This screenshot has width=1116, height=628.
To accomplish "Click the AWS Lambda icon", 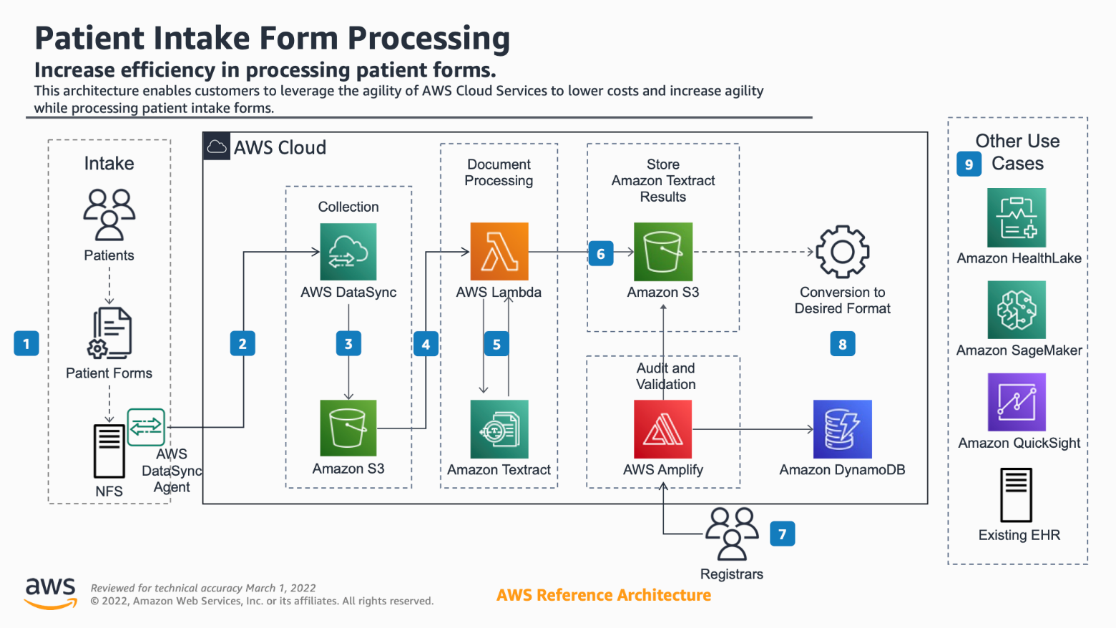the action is click(x=499, y=252).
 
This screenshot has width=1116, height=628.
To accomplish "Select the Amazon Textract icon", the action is click(x=499, y=428).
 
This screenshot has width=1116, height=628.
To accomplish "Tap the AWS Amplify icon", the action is click(x=662, y=428).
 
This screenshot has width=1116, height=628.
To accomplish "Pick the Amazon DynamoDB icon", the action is click(x=843, y=428).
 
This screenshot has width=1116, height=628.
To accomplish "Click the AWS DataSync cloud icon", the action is click(x=348, y=252).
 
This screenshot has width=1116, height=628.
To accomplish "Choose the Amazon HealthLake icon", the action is click(x=1017, y=217).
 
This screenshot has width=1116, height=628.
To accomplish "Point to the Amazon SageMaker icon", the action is click(x=1017, y=310).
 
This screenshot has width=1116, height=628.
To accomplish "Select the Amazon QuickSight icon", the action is click(x=1017, y=402).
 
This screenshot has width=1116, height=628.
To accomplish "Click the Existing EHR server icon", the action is click(x=1017, y=495).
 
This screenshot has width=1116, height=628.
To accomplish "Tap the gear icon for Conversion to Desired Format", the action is click(x=843, y=252).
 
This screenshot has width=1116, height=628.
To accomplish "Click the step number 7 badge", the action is click(x=782, y=534).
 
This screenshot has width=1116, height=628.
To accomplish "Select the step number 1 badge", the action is click(x=26, y=343).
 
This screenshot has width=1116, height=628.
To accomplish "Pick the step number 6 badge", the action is click(x=601, y=253).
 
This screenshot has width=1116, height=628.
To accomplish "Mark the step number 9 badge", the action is click(x=969, y=164).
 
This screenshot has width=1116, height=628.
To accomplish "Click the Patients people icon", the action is click(x=109, y=215).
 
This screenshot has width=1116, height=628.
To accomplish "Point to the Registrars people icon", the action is click(x=732, y=534).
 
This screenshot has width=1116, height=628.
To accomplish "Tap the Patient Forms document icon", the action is click(x=109, y=333).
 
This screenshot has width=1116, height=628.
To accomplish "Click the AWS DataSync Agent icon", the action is click(x=146, y=427).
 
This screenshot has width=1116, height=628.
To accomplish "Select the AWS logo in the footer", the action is click(x=50, y=594).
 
